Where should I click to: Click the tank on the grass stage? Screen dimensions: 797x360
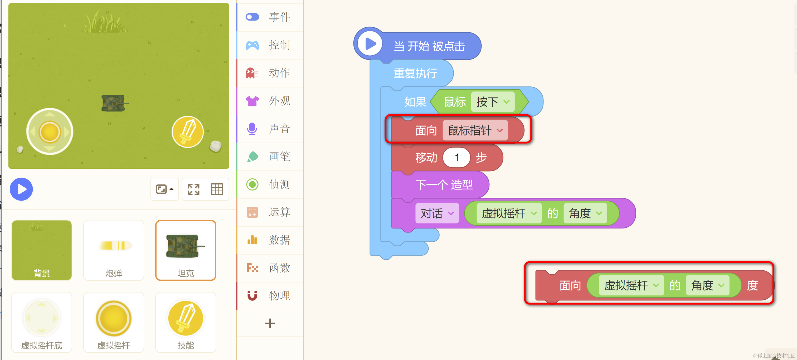point(114,103)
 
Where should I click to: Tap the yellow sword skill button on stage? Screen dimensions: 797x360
point(187,132)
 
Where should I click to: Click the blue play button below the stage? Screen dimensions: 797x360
point(21,189)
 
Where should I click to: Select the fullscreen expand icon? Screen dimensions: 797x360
point(193,189)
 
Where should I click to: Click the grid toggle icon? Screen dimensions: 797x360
point(217,189)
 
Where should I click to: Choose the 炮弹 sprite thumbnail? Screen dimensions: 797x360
point(114,250)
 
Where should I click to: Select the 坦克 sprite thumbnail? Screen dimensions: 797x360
point(185,250)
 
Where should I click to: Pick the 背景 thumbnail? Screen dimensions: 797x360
point(41,250)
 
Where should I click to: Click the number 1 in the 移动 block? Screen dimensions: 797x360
point(456,158)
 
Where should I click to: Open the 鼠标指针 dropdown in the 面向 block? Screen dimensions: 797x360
point(475,130)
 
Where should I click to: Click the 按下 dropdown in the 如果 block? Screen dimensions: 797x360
point(493,102)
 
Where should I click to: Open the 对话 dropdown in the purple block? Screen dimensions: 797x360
point(437,213)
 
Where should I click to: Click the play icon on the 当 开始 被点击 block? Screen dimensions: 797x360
point(370,44)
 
